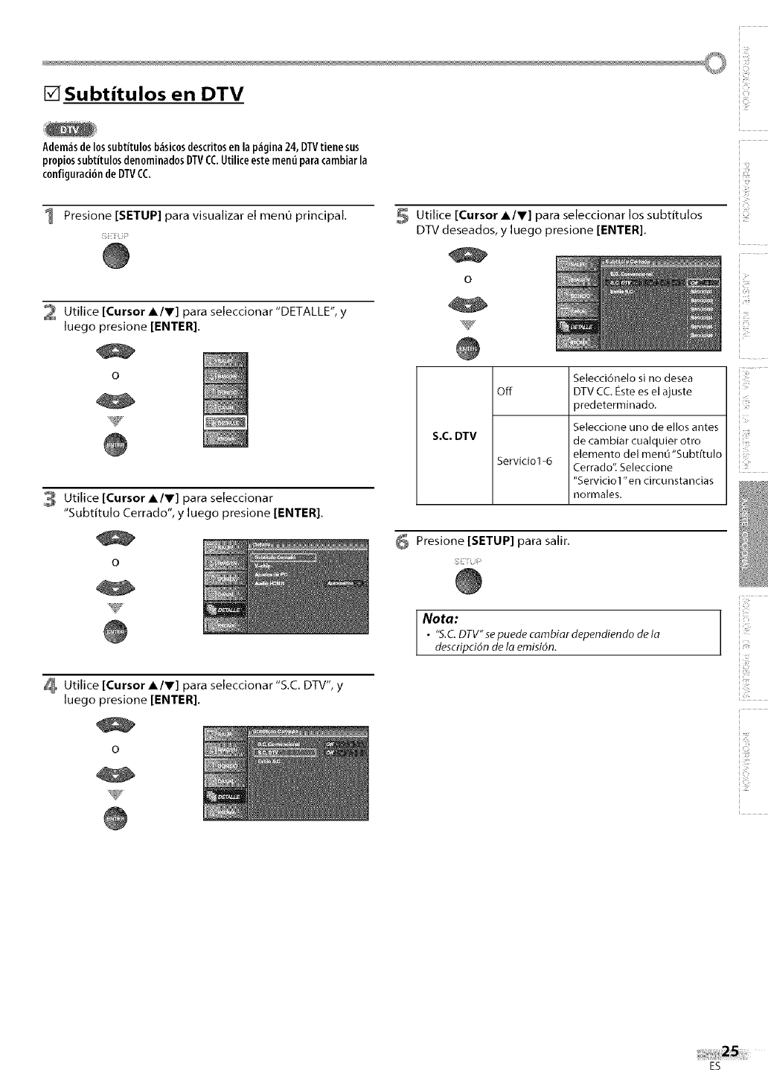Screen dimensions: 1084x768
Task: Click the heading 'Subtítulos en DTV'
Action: click(x=154, y=95)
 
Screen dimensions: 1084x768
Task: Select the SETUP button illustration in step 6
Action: click(x=470, y=581)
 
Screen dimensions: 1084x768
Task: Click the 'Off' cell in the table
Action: click(x=505, y=392)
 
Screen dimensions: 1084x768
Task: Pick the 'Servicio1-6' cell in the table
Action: click(x=525, y=460)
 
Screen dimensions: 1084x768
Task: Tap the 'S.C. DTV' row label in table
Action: click(x=454, y=436)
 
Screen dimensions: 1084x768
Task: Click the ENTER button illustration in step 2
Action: click(x=116, y=444)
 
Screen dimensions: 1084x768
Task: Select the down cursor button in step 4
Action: click(x=116, y=777)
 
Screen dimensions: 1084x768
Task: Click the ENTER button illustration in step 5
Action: click(x=468, y=348)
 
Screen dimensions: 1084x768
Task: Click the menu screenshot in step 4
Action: click(x=285, y=772)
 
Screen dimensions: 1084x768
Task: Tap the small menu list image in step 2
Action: click(x=225, y=400)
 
